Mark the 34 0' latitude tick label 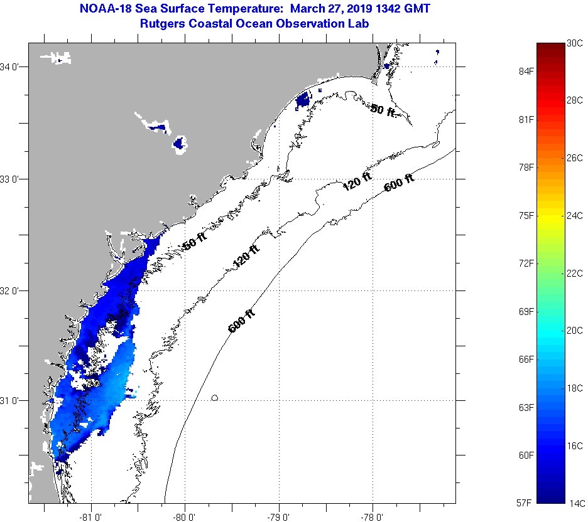coord(13,67)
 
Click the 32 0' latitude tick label coord(13,290)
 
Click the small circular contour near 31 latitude coord(215,397)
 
